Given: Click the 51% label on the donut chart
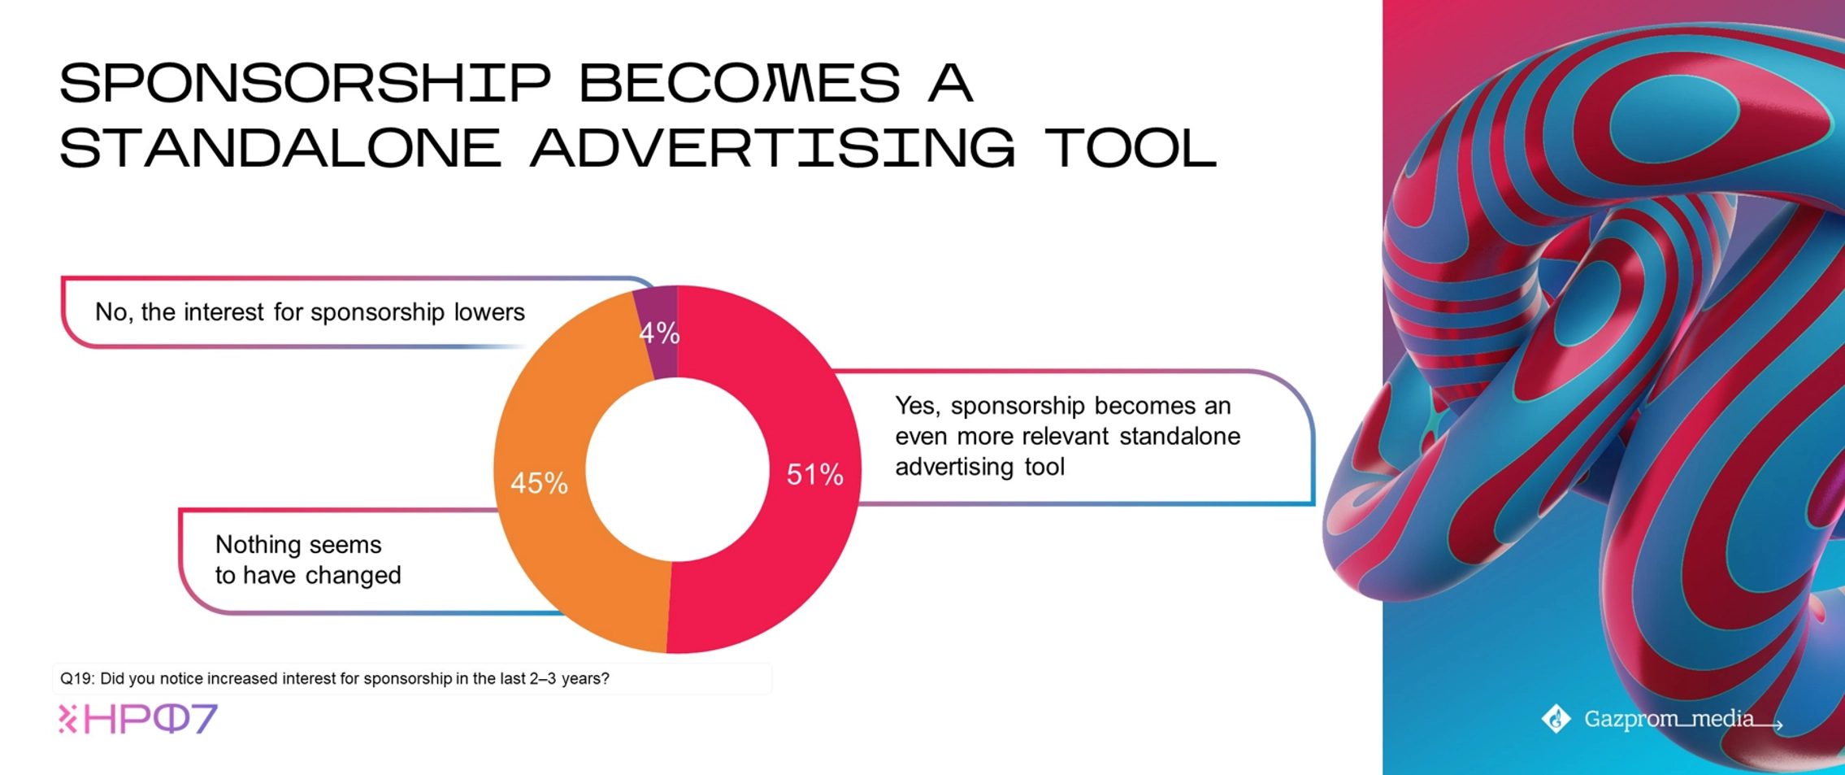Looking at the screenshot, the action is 814,475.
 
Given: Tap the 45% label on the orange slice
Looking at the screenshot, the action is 539,484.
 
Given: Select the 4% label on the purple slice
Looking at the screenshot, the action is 659,333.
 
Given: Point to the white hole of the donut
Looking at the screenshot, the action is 677,470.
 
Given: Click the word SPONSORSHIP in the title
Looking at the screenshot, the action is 306,83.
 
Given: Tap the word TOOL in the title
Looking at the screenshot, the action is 1131,149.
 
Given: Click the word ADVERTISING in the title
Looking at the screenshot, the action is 773,149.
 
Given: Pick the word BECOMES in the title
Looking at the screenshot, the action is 740,83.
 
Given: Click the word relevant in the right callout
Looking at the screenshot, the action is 1066,437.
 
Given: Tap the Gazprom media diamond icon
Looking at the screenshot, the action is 1556,719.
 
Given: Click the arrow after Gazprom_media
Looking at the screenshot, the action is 1769,723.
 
